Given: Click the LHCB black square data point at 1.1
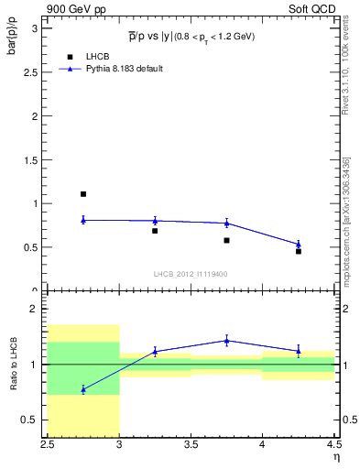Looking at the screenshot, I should tap(83, 194).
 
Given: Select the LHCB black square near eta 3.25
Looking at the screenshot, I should tap(155, 231).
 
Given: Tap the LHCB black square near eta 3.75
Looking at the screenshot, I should tap(226, 240).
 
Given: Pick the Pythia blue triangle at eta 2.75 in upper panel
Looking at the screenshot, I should tap(83, 220).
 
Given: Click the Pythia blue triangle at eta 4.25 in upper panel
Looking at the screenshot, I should tap(299, 244).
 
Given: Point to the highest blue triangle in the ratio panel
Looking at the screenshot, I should tap(226, 341).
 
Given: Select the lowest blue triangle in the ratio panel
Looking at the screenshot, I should tap(83, 389).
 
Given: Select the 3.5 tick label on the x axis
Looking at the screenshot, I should tap(191, 445).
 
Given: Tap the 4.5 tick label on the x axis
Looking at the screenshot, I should tap(333, 445).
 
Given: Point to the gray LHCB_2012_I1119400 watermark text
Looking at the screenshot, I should tap(190, 273).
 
